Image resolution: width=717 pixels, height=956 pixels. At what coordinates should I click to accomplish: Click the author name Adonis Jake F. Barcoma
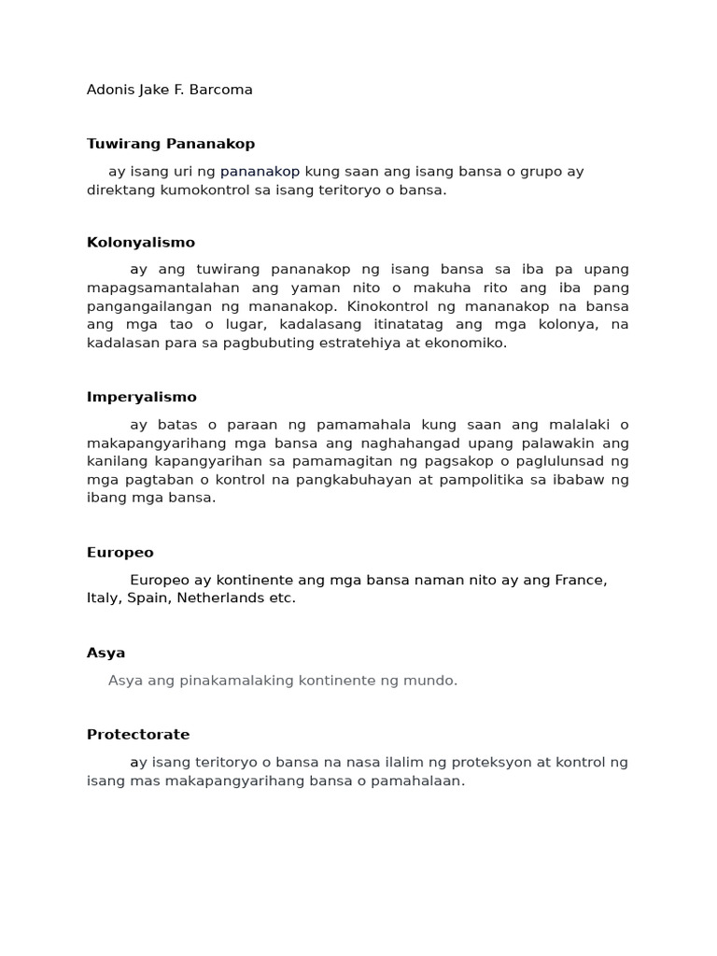169,91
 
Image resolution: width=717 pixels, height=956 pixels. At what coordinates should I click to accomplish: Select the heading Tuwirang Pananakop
170,144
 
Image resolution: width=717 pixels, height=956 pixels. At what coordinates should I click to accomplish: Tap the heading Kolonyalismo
141,243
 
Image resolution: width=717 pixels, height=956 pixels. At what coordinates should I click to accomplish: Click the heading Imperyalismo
142,398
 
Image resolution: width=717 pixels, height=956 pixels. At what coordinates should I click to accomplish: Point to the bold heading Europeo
119,553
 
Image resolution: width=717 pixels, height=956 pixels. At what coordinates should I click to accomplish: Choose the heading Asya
105,654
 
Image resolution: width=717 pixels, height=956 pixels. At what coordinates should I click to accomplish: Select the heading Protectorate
138,735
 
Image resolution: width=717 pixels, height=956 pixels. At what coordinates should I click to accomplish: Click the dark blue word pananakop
260,172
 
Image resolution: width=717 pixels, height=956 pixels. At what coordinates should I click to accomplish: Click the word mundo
433,681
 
